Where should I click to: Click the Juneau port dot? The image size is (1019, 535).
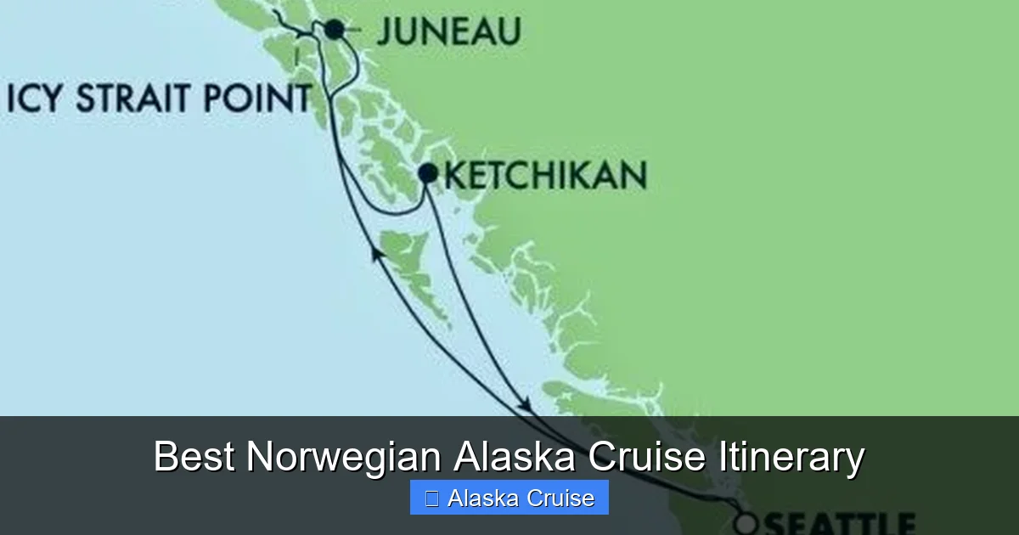(335, 30)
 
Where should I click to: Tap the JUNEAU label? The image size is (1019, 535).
(448, 31)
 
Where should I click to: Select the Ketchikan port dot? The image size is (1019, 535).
(428, 174)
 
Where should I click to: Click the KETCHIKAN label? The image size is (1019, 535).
(545, 176)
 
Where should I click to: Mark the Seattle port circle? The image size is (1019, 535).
(746, 523)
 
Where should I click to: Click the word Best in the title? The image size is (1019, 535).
(194, 458)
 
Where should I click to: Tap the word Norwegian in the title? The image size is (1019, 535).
(344, 458)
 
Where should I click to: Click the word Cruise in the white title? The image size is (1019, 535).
(647, 458)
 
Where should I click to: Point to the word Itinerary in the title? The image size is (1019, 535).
(791, 458)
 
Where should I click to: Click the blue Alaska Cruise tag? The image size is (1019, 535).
(509, 498)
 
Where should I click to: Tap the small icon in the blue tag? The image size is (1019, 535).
(431, 498)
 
